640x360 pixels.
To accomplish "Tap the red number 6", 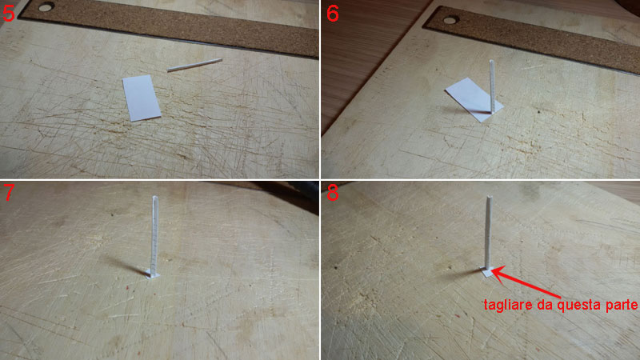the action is (332, 13).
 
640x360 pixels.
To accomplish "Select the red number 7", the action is (9, 192).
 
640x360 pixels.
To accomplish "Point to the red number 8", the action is (332, 192).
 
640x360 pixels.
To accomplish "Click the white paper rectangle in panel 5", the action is (142, 98).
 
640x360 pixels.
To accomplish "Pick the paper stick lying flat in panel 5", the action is (194, 65).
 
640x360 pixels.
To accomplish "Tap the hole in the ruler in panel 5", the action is (46, 6).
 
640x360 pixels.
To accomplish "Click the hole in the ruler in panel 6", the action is (450, 19).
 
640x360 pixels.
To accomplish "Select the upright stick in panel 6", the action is (492, 86).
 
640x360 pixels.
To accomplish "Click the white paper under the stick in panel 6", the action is (474, 99).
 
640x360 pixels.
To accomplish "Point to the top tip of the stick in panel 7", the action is (154, 197).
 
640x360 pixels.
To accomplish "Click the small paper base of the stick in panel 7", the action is (153, 274).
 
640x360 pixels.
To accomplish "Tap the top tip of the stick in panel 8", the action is (489, 198).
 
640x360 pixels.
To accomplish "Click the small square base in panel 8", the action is (487, 271).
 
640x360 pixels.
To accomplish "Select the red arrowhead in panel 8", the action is (498, 272).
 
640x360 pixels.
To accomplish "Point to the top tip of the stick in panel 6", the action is (492, 61).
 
